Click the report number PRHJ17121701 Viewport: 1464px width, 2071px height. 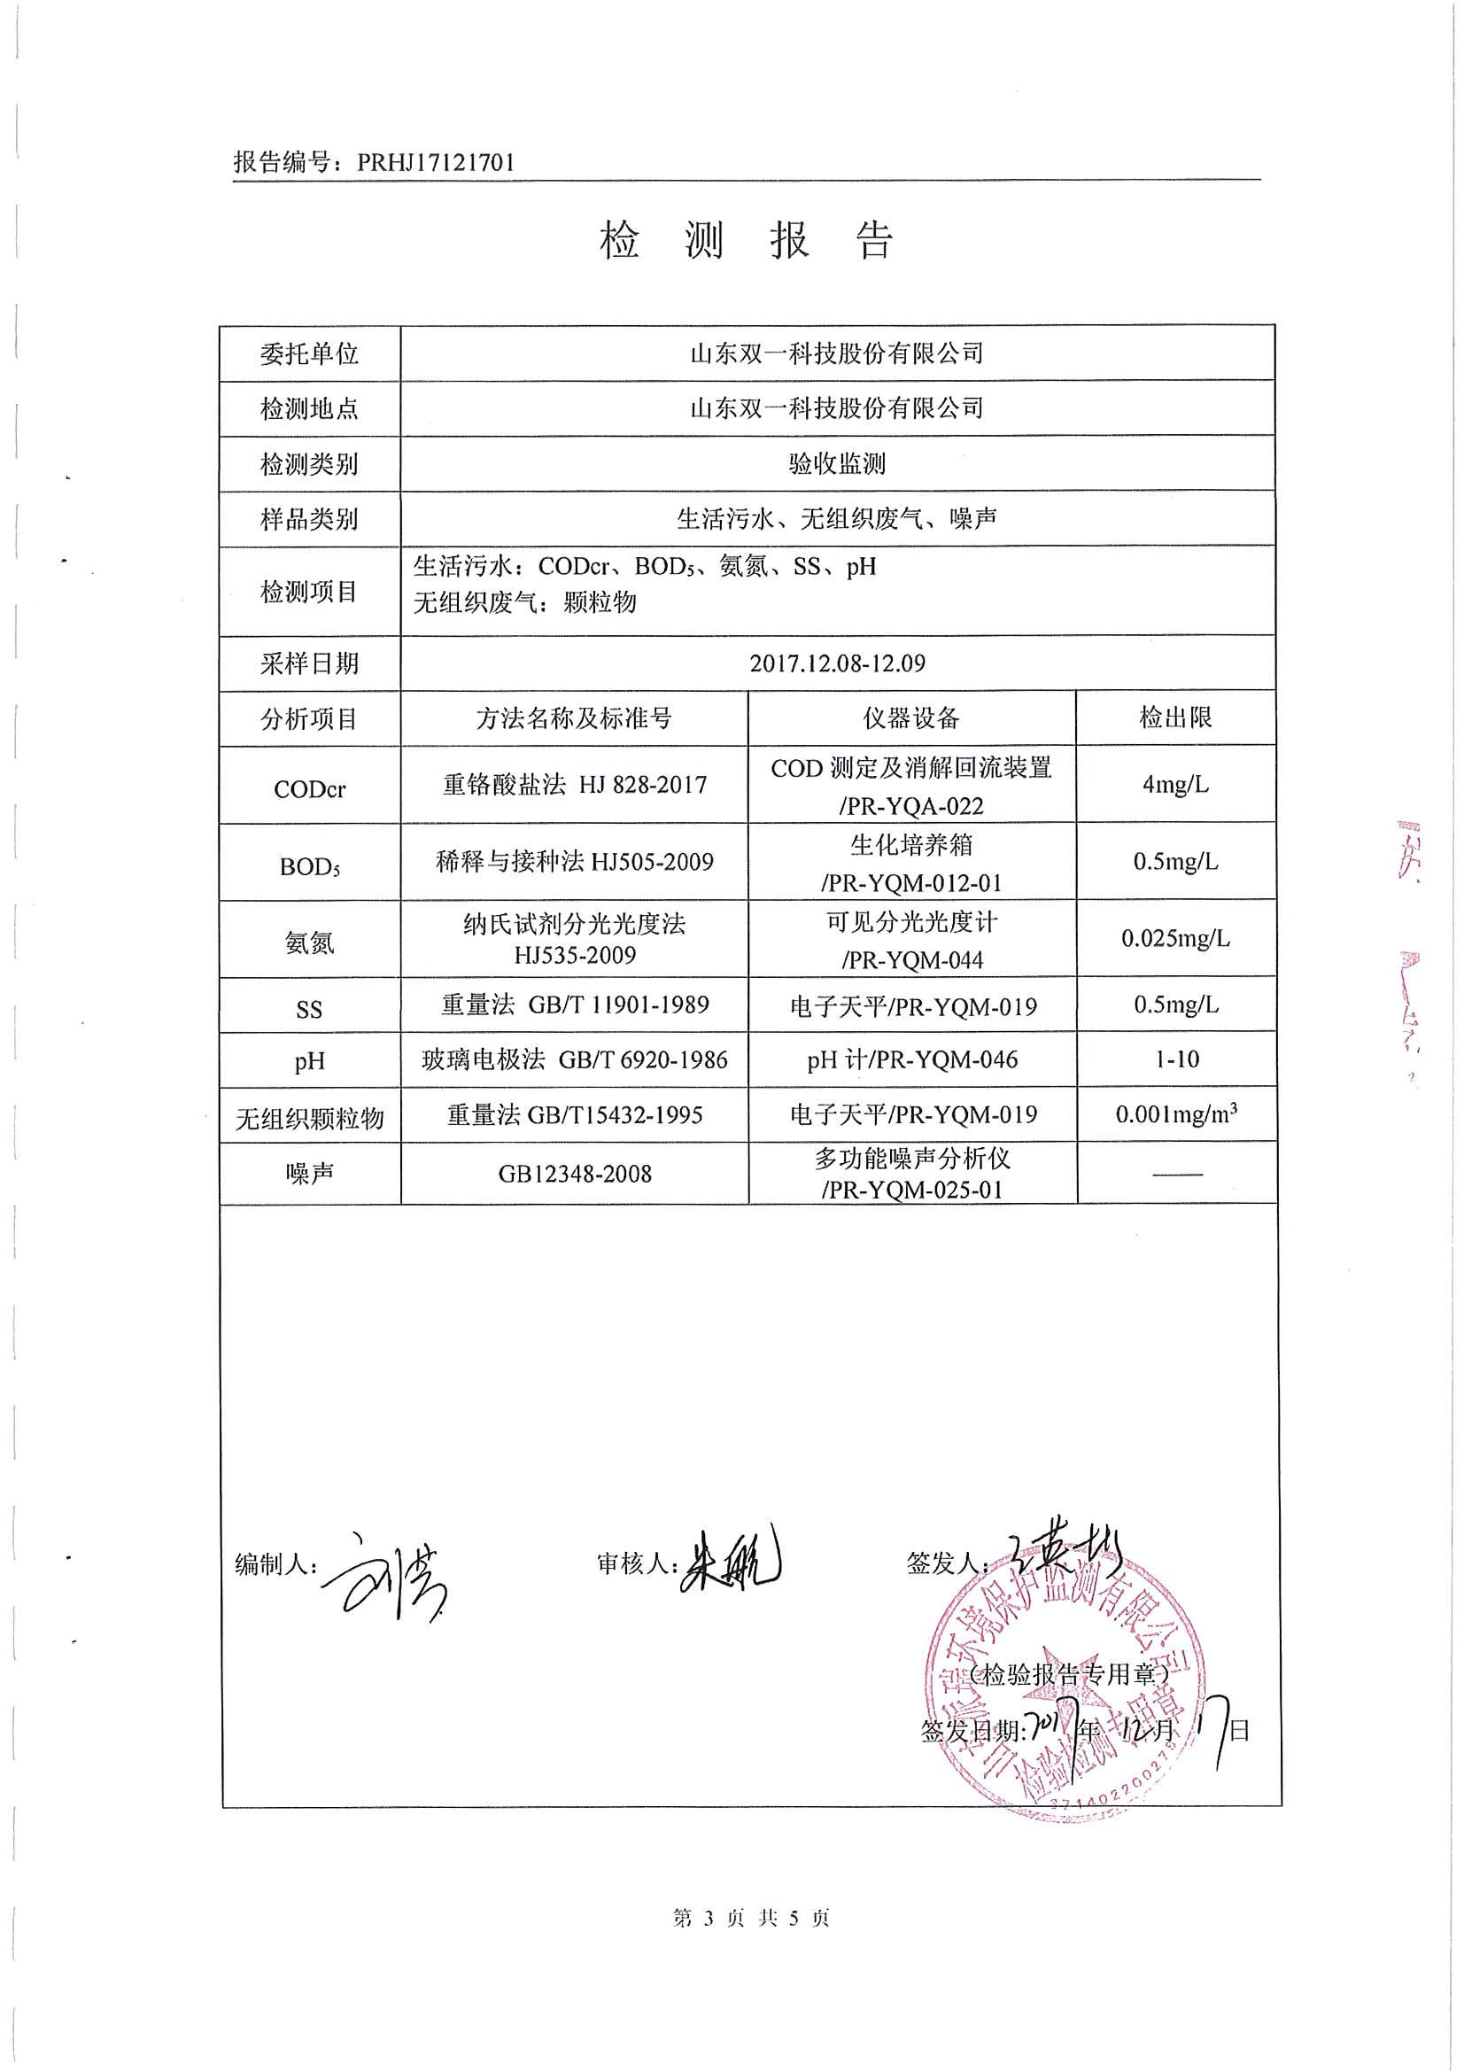[x=436, y=162]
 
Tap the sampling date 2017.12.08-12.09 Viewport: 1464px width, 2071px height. [x=837, y=663]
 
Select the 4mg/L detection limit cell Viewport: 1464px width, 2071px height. [x=1175, y=785]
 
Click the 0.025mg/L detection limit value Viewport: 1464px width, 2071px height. [x=1175, y=939]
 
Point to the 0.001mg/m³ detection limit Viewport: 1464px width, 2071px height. [x=1175, y=1114]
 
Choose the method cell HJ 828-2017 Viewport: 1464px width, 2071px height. [x=575, y=785]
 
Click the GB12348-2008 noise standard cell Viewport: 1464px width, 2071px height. [x=575, y=1174]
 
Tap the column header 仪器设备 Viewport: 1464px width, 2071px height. [x=911, y=719]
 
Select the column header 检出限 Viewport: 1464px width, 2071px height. [x=1175, y=718]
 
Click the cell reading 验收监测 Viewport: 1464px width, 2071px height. [x=837, y=463]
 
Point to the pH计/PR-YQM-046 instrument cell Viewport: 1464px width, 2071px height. [x=912, y=1059]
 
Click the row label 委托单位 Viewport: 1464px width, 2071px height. [x=309, y=353]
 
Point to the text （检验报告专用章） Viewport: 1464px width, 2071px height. [x=1069, y=1675]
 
